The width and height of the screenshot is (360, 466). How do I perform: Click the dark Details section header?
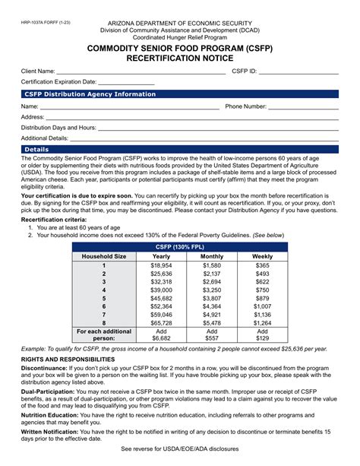click(37, 150)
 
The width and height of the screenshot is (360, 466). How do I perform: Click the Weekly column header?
click(262, 257)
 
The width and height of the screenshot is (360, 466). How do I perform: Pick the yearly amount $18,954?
click(161, 265)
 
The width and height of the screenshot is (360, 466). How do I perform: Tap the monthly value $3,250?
click(212, 290)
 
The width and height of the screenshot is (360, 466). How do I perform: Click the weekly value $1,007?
click(262, 306)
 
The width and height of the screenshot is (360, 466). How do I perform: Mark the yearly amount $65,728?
click(161, 322)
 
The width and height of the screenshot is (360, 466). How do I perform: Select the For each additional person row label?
click(104, 335)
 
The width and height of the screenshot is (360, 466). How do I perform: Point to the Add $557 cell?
click(212, 335)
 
